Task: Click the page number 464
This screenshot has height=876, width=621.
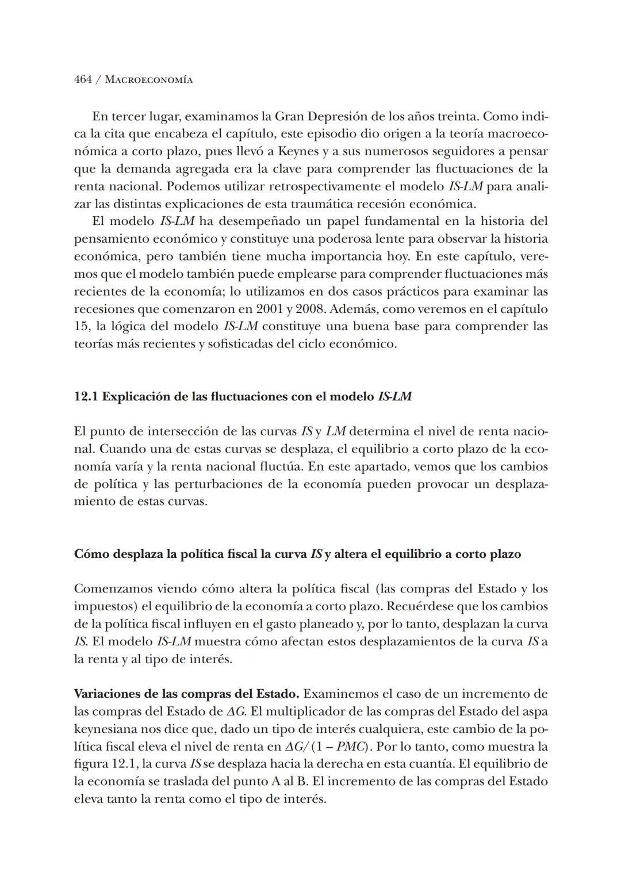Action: coord(83,80)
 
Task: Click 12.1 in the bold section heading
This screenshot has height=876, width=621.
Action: coord(86,397)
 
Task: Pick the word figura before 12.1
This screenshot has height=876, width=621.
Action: coord(90,764)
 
